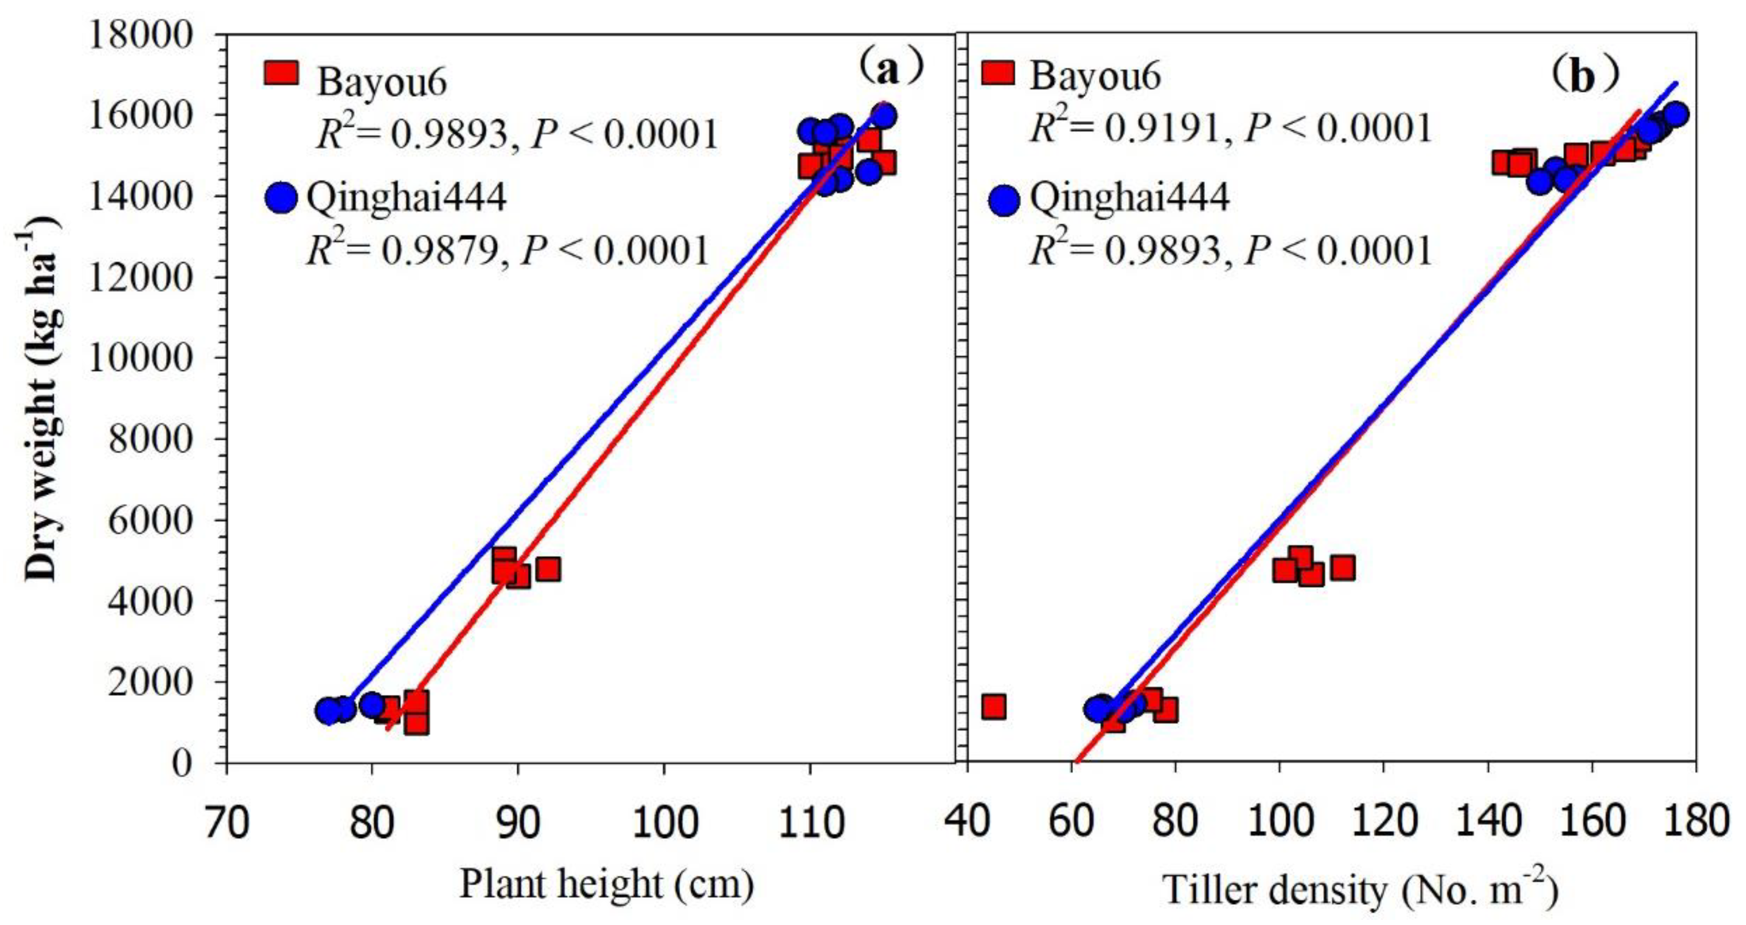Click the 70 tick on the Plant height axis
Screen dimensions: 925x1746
click(x=227, y=822)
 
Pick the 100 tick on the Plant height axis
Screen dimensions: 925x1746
click(x=664, y=822)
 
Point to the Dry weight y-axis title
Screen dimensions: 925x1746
click(x=42, y=400)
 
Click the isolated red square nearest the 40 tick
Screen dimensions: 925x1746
click(x=994, y=707)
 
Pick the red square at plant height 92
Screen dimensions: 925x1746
click(x=548, y=570)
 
